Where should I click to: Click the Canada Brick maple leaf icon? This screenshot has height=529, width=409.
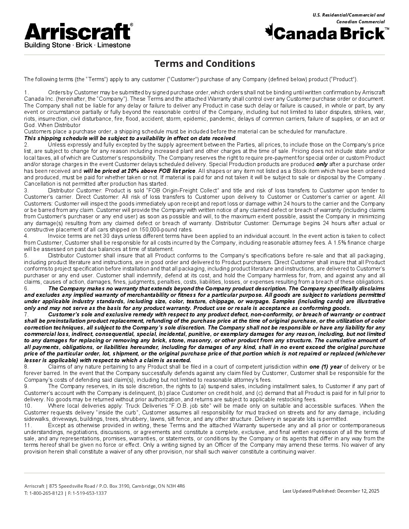tap(269, 31)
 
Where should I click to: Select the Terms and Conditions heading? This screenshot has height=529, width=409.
tap(204, 63)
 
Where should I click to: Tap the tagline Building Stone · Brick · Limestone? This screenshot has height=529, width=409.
tap(77, 45)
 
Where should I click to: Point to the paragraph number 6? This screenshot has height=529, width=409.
tap(26, 288)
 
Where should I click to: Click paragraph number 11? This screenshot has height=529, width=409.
tap(27, 425)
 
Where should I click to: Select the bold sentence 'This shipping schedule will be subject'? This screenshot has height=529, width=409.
tap(130, 138)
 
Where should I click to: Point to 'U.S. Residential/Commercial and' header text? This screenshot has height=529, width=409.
tap(348, 15)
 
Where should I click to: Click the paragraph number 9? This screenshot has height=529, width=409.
tap(26, 386)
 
